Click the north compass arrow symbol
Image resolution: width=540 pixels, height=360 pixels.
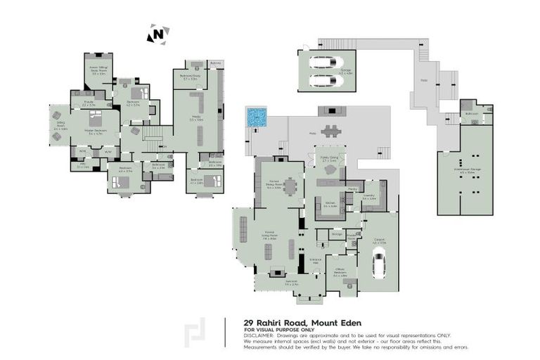[x=158, y=33]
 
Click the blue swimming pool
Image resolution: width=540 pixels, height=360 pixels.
[x=257, y=117]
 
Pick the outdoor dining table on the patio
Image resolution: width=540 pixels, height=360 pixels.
[x=330, y=130]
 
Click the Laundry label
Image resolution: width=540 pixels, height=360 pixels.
[x=370, y=198]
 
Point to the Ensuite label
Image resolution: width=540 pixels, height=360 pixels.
[x=89, y=103]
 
